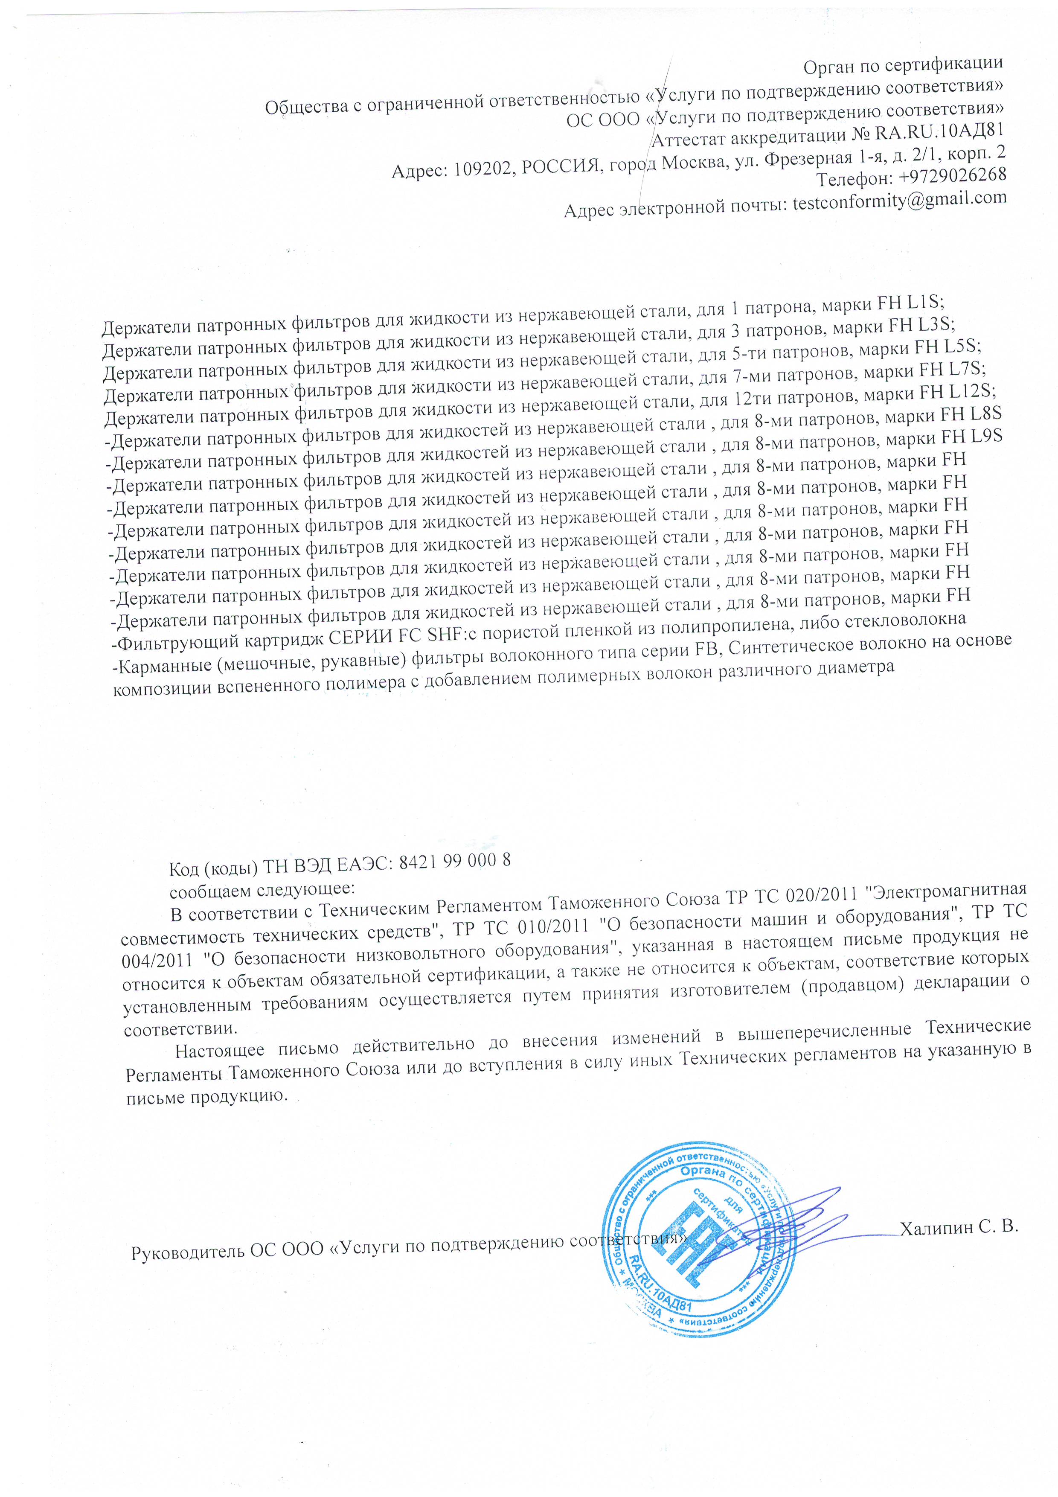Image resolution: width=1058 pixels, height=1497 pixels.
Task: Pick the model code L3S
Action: click(936, 324)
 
